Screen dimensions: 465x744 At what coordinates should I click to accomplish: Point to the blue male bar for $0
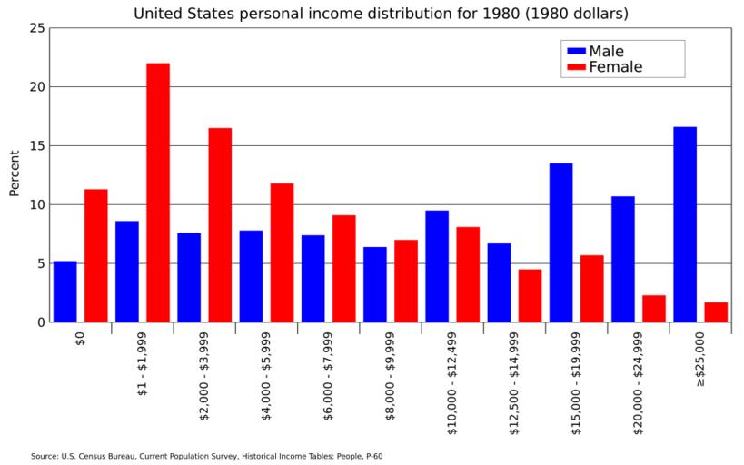tap(65, 292)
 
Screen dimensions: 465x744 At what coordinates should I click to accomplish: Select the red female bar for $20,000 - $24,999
tap(654, 309)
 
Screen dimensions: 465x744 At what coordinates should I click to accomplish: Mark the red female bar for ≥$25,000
tap(716, 312)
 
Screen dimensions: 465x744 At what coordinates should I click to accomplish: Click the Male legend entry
tap(606, 51)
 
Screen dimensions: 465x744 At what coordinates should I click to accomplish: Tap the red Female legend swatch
tap(575, 67)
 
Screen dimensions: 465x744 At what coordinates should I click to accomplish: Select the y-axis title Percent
tap(14, 173)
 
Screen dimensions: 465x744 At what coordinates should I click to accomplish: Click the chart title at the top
tap(381, 14)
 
